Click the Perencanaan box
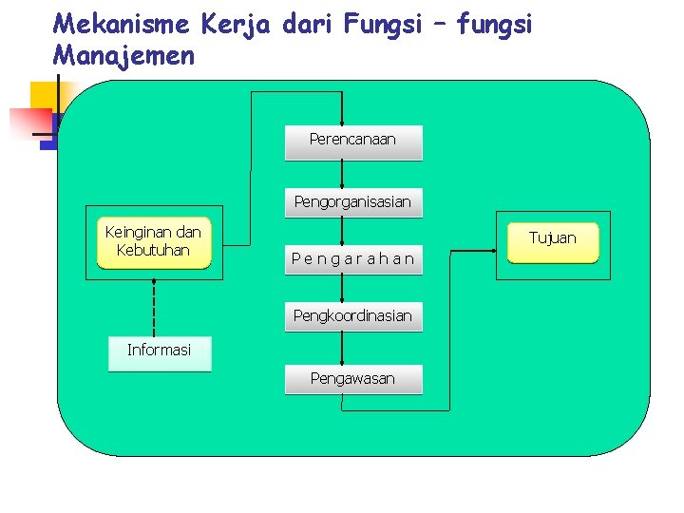[x=352, y=142]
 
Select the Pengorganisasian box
[x=352, y=202]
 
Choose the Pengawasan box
[x=352, y=379]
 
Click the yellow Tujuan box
[x=552, y=240]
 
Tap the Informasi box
[x=160, y=351]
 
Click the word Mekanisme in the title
[x=119, y=24]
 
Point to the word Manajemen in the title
[x=123, y=55]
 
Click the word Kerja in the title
[x=234, y=24]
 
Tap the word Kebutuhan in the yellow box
[x=153, y=251]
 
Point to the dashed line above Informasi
[x=153, y=304]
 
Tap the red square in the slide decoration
[x=28, y=122]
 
